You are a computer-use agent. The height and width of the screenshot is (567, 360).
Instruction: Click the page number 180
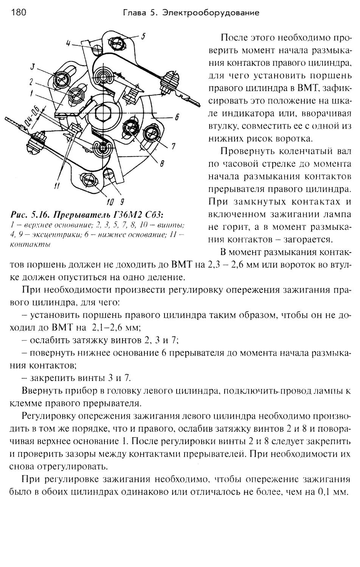pyautogui.click(x=19, y=13)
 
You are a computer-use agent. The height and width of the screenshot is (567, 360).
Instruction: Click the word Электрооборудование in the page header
pyautogui.click(x=211, y=13)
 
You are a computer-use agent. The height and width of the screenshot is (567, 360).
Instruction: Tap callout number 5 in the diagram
pyautogui.click(x=143, y=37)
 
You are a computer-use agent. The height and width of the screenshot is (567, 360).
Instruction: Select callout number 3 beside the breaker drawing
pyautogui.click(x=33, y=67)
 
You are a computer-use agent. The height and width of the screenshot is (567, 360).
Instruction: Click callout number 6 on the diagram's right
pyautogui.click(x=176, y=117)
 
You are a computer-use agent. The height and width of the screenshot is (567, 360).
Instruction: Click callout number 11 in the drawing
pyautogui.click(x=57, y=185)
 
